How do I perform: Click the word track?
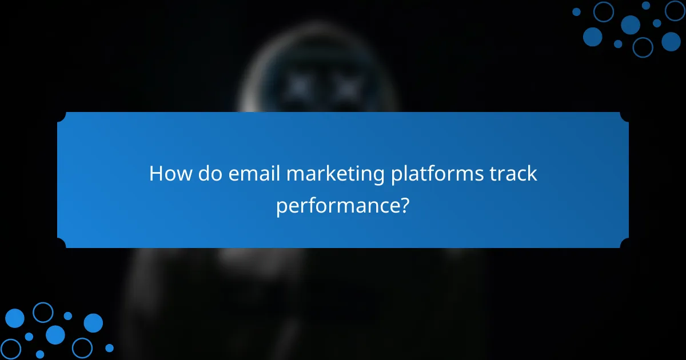pyautogui.click(x=513, y=173)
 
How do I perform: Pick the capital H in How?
pyautogui.click(x=155, y=173)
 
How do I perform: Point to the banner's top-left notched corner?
pyautogui.click(x=61, y=116)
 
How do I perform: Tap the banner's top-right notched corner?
pyautogui.click(x=625, y=116)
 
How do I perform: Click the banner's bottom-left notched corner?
pyautogui.click(x=61, y=244)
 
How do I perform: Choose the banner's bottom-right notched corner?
pyautogui.click(x=625, y=244)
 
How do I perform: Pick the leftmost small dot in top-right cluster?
pyautogui.click(x=576, y=11)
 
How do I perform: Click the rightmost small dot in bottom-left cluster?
pyautogui.click(x=109, y=347)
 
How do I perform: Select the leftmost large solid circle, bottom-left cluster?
pyautogui.click(x=15, y=318)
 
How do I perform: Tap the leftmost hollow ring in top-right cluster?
pyautogui.click(x=604, y=11)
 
